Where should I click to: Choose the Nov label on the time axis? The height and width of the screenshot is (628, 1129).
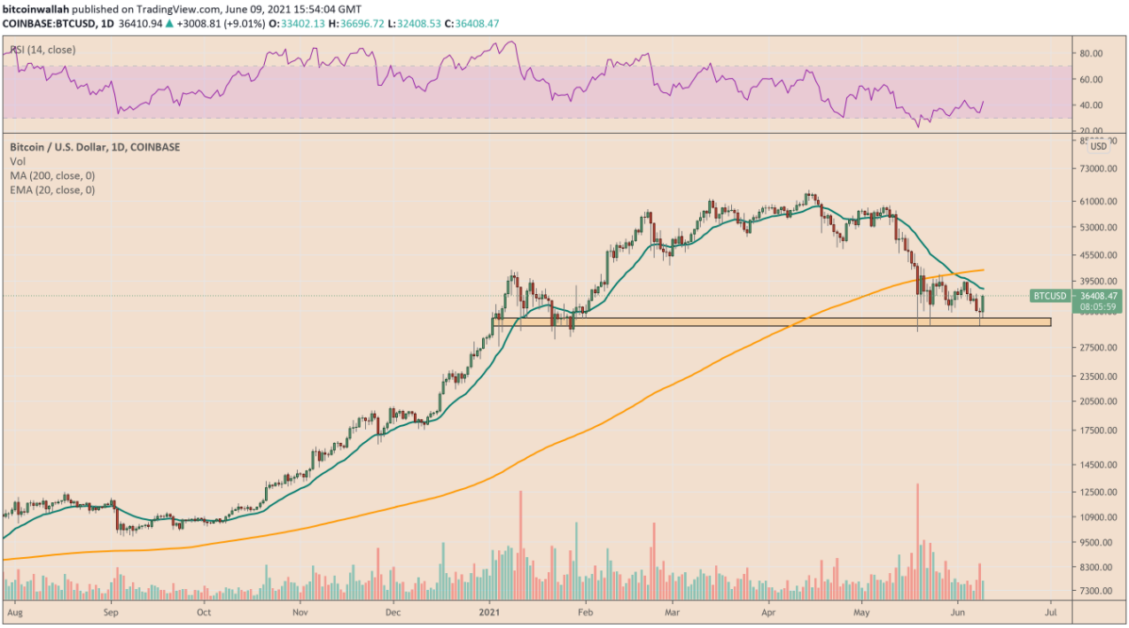click(300, 611)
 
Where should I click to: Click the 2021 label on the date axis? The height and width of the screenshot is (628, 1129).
click(490, 611)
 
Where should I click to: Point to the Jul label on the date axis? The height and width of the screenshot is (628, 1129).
click(1050, 611)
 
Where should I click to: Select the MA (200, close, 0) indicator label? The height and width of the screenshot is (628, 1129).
click(52, 175)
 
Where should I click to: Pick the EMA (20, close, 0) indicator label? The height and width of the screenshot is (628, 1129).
click(52, 190)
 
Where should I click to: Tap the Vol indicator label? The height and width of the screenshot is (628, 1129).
click(17, 161)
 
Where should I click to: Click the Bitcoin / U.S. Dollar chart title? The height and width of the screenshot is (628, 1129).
click(94, 147)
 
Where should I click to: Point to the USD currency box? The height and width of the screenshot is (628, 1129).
click(1098, 146)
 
